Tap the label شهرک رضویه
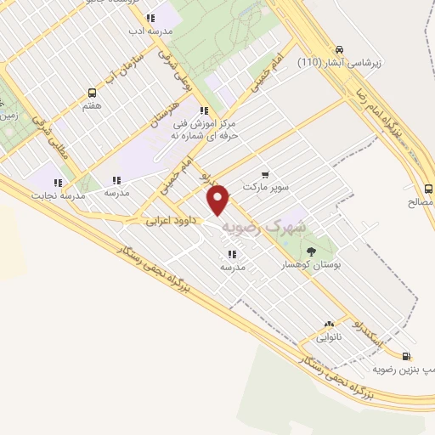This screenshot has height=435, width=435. point(263,228)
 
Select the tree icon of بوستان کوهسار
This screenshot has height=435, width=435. point(311,251)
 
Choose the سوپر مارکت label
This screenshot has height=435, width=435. point(266,184)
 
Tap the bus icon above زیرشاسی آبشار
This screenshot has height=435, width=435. point(340,48)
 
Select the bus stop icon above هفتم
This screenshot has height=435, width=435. point(92,93)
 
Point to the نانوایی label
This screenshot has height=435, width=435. point(330,337)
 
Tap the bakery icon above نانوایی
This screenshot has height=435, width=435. point(330,324)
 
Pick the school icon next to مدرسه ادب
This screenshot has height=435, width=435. point(150,18)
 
